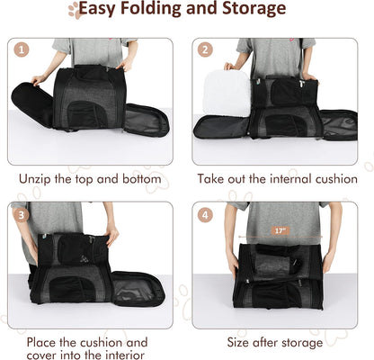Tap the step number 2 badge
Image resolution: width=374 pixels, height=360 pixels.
(x=206, y=50)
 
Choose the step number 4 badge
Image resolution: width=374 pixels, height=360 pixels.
(x=206, y=214)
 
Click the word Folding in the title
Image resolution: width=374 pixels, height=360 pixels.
(x=156, y=11)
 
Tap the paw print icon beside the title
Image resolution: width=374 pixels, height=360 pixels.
(x=75, y=10)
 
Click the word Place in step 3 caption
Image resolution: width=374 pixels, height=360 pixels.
(x=46, y=342)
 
